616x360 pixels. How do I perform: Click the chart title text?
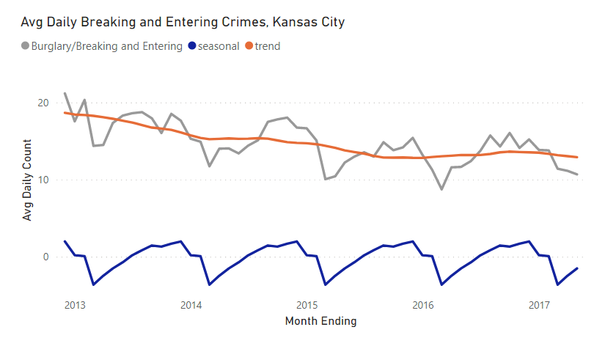click(183, 22)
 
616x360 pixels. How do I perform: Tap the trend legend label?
click(268, 46)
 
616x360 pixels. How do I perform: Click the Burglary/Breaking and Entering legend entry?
click(107, 46)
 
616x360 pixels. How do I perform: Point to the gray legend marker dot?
click(26, 46)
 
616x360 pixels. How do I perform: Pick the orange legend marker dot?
click(249, 46)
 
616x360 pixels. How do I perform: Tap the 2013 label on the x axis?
click(74, 304)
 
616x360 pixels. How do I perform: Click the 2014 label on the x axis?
click(191, 304)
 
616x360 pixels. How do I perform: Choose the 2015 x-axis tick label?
click(307, 304)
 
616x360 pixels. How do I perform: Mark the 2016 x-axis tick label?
click(423, 304)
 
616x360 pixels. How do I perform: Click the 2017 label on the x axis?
click(539, 304)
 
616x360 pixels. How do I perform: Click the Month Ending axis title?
click(320, 321)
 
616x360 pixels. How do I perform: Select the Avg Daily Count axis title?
click(27, 180)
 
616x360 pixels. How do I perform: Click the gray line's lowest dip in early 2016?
click(441, 189)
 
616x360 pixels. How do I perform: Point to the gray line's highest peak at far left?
click(65, 93)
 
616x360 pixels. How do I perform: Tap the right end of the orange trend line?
click(578, 157)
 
